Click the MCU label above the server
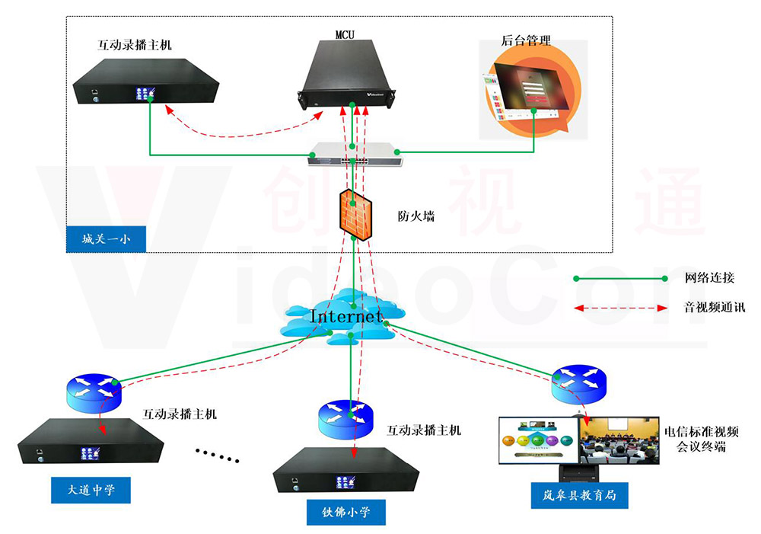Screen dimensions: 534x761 (x=345, y=34)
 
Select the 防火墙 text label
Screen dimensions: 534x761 (x=416, y=216)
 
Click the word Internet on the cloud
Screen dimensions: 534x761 (x=346, y=315)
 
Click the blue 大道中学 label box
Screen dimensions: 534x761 (x=90, y=489)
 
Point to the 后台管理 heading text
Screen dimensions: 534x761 (x=526, y=40)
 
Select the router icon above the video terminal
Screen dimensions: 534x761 (x=580, y=385)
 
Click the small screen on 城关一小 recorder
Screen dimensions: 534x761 (x=146, y=94)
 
